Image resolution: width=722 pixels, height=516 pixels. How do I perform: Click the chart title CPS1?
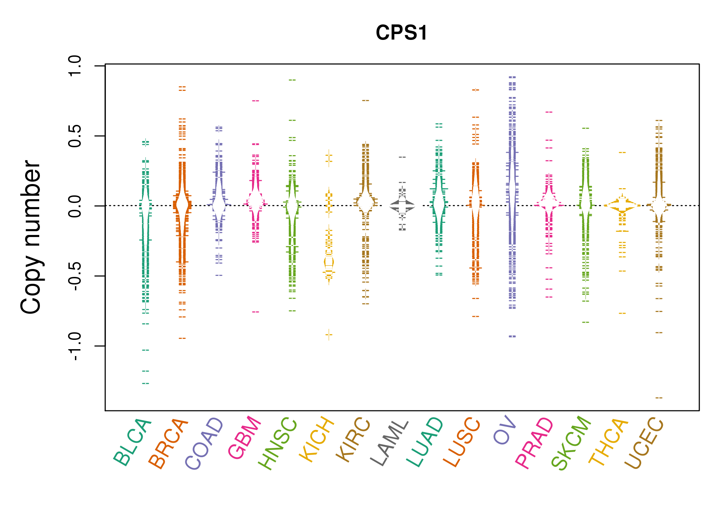(401, 33)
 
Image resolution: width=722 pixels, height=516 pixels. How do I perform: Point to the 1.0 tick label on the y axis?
(75, 66)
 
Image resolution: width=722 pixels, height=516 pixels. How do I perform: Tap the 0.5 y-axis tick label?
(75, 136)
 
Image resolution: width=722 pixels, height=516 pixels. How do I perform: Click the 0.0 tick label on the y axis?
(75, 206)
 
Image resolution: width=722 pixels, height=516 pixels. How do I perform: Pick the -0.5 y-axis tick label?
(75, 276)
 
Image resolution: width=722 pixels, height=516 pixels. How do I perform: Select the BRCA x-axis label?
(168, 444)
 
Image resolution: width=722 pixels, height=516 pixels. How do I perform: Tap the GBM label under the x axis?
(244, 438)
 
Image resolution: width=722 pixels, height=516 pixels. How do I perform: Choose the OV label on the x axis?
(504, 430)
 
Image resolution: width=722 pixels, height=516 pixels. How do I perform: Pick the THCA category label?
(608, 442)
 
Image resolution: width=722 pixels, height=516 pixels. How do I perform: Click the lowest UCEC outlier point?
(659, 398)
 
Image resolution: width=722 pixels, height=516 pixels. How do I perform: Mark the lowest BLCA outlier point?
(146, 383)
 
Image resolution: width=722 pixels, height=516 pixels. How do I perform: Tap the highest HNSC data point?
(292, 80)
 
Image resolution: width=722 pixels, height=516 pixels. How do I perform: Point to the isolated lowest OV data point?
(512, 336)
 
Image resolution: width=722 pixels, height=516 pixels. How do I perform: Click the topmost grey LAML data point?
(402, 157)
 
